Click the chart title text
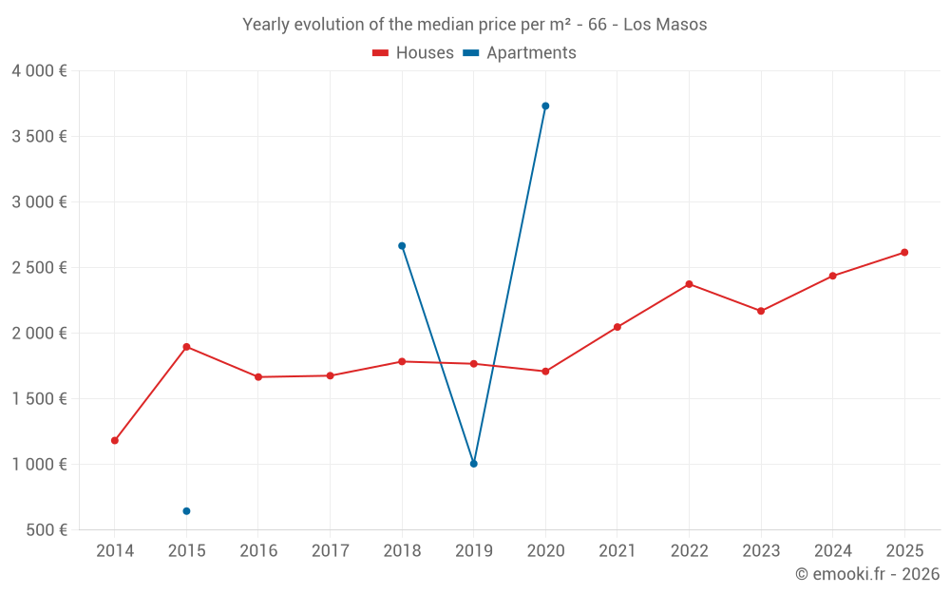474,25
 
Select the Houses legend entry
413,53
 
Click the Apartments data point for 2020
545,106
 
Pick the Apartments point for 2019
474,464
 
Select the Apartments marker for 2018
402,246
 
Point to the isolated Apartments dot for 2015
186,511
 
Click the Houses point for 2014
115,441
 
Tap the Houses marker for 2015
186,347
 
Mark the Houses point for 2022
689,284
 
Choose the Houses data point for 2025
904,253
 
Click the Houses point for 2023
761,311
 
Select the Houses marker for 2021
617,327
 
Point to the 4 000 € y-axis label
39,71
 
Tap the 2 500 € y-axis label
39,268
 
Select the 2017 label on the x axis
330,551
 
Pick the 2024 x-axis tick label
832,551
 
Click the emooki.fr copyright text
866,574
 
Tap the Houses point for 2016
258,377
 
